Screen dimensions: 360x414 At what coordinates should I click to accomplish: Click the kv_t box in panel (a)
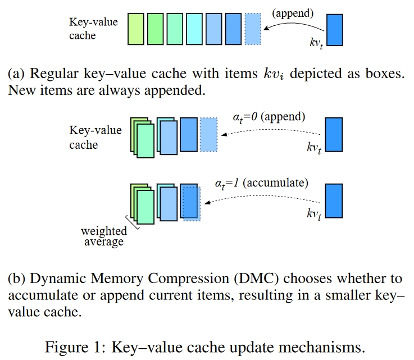pyautogui.click(x=334, y=30)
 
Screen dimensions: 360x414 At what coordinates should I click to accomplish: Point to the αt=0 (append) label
pyautogui.click(x=269, y=117)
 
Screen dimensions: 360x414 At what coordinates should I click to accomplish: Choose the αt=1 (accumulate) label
pyautogui.click(x=261, y=183)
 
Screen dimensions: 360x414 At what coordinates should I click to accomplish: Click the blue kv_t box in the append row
pyautogui.click(x=334, y=134)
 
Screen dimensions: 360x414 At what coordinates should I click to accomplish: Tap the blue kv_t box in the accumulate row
pyautogui.click(x=334, y=200)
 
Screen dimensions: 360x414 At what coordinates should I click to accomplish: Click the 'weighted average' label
pyautogui.click(x=103, y=236)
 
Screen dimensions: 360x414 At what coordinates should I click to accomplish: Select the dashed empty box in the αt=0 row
pyautogui.click(x=208, y=134)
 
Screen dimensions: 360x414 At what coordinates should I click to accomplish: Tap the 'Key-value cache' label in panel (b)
pyautogui.click(x=95, y=138)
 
